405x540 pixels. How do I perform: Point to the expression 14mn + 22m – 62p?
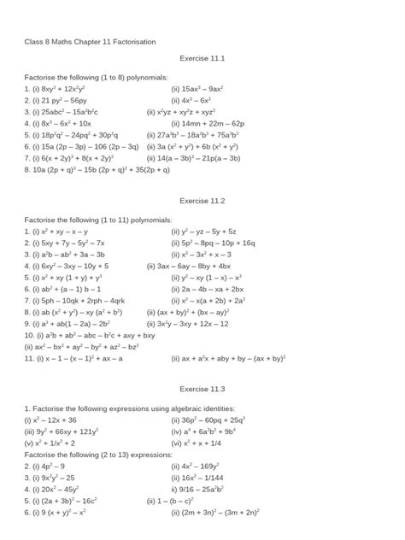coord(212,123)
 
